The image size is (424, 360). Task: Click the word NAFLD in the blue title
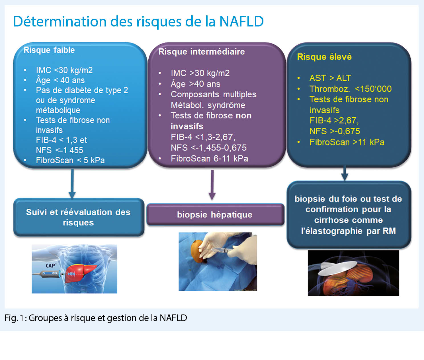click(x=241, y=22)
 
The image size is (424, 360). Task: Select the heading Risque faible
click(x=49, y=50)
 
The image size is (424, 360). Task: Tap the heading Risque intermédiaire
click(x=201, y=52)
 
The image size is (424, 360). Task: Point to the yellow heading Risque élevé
click(x=324, y=57)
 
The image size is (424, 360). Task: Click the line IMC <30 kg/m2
click(x=64, y=70)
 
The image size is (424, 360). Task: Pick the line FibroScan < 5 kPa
click(x=70, y=160)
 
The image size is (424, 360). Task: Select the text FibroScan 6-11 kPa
click(x=209, y=159)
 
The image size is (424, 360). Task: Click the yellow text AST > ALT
click(x=330, y=78)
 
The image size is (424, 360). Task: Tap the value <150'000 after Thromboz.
click(x=373, y=89)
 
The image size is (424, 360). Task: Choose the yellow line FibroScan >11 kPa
click(x=347, y=142)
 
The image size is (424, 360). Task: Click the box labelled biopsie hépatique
click(x=215, y=215)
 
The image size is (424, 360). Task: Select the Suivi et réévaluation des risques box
click(x=78, y=217)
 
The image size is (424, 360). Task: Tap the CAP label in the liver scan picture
click(x=51, y=266)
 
